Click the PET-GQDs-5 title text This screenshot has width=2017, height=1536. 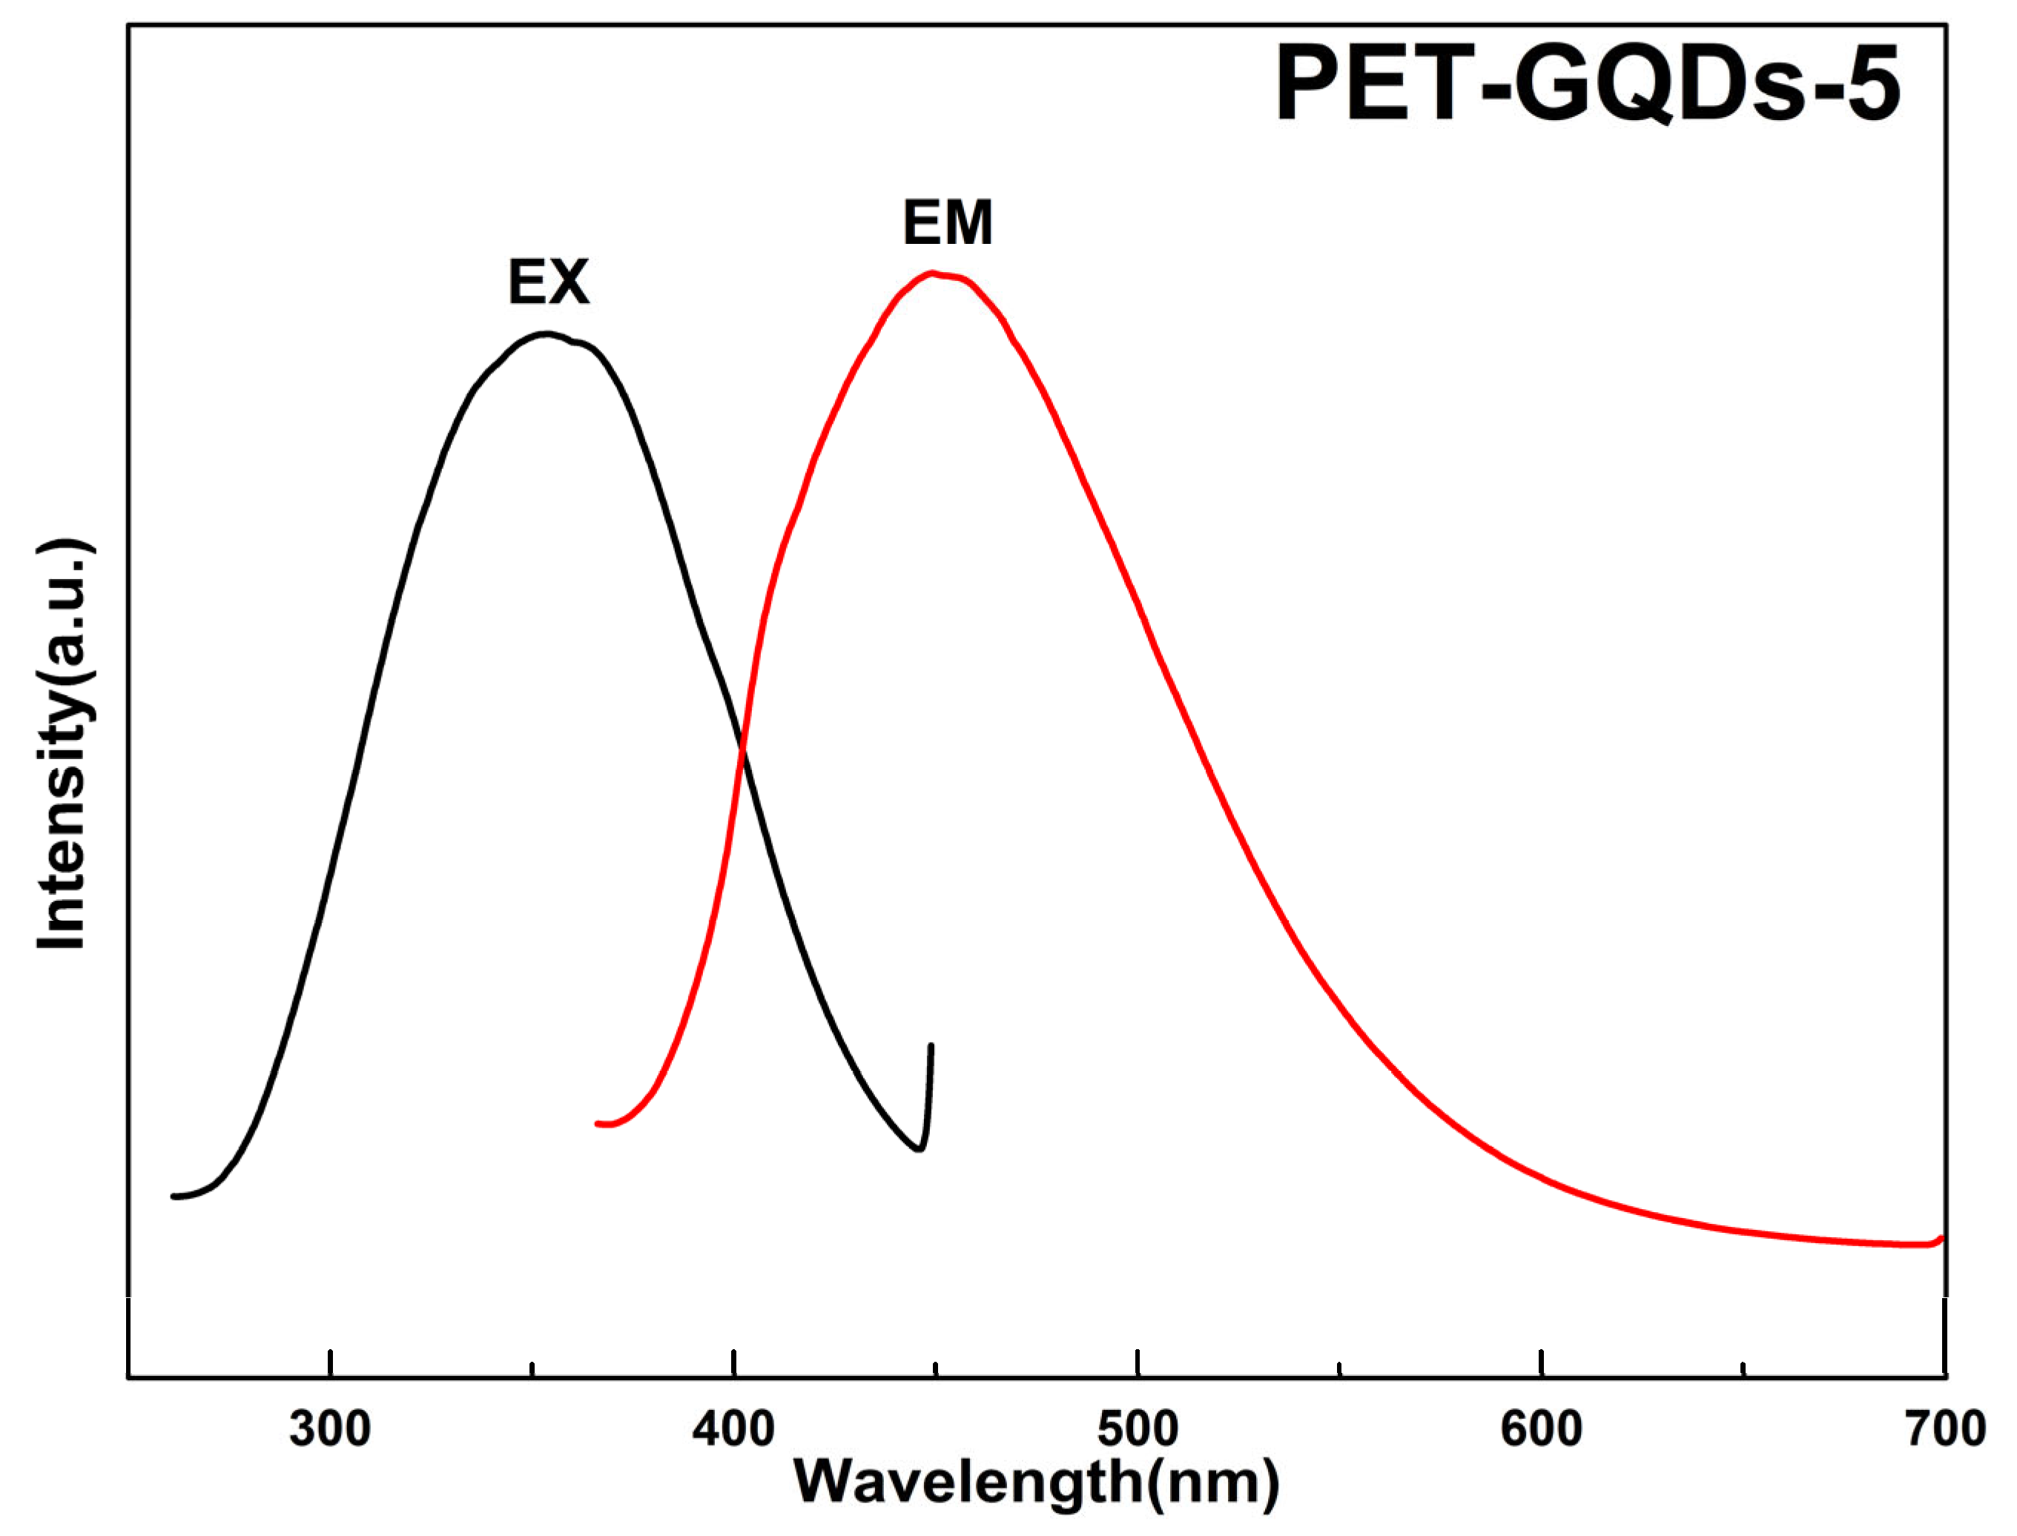[x=1588, y=84]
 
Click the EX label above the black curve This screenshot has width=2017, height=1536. [x=549, y=282]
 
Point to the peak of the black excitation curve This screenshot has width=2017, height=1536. [x=547, y=334]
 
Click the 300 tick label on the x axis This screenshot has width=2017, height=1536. [x=329, y=1429]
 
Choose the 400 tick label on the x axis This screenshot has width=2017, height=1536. [x=733, y=1429]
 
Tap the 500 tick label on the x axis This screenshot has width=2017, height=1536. [x=1138, y=1429]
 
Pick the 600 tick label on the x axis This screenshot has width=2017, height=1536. [x=1542, y=1429]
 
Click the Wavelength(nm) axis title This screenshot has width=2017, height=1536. [x=1037, y=1481]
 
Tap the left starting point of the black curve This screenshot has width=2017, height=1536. [x=174, y=1196]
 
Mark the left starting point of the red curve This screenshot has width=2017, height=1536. [x=598, y=1124]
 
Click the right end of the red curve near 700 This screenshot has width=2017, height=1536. [x=1939, y=1239]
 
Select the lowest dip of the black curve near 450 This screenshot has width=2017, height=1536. [x=919, y=1149]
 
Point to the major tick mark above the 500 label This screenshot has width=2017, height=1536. [x=1138, y=1363]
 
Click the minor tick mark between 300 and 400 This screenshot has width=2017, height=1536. [x=532, y=1368]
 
